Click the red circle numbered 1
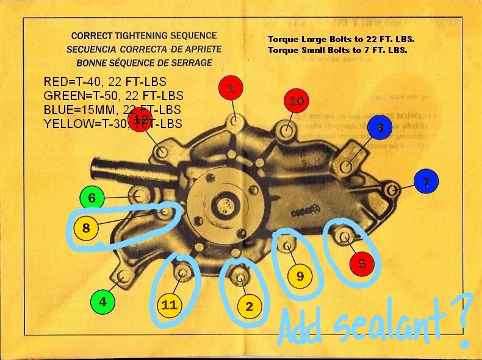[x=231, y=88]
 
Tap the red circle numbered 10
[x=296, y=101]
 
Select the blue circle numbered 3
[x=380, y=128]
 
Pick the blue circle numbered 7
[x=426, y=182]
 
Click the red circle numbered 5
[x=362, y=264]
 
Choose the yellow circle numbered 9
[x=300, y=276]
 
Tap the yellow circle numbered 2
[x=248, y=307]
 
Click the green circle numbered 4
[x=103, y=301]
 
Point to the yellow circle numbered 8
[x=86, y=229]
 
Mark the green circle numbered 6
[x=92, y=198]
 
